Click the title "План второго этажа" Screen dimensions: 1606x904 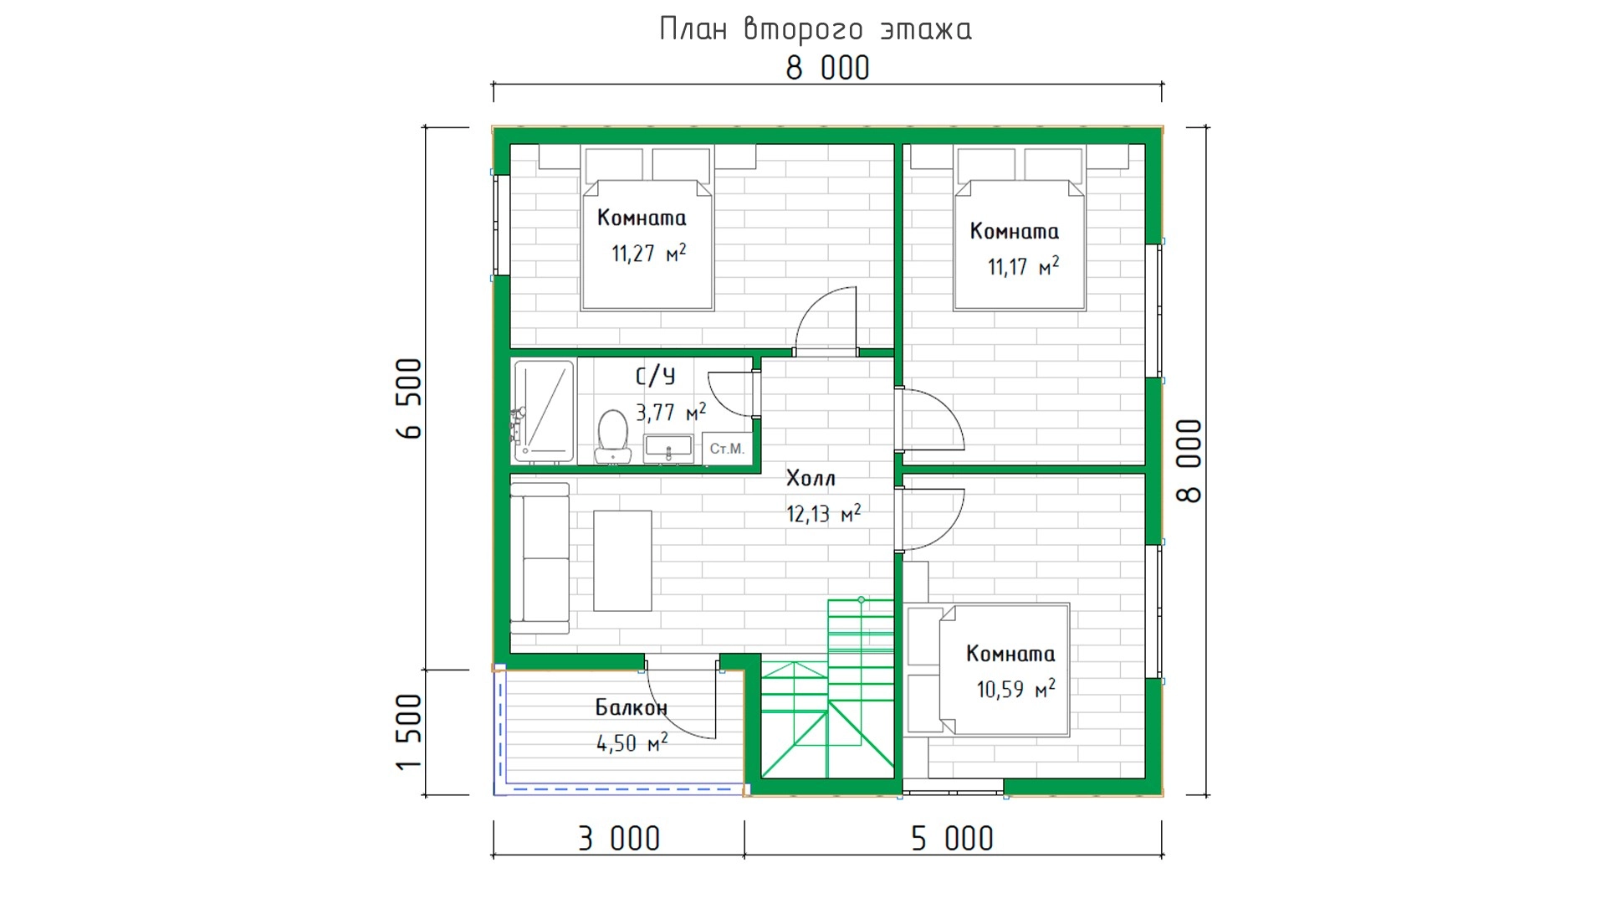pyautogui.click(x=816, y=29)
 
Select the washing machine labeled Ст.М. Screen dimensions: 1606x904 pyautogui.click(x=727, y=448)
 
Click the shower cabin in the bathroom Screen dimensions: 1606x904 pyautogui.click(x=544, y=411)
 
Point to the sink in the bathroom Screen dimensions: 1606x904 pyautogui.click(x=668, y=448)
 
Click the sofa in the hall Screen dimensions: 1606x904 pyautogui.click(x=540, y=558)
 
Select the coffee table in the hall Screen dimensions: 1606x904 pyautogui.click(x=622, y=561)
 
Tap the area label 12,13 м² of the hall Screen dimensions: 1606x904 pyautogui.click(x=823, y=513)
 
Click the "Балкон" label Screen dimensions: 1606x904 pyautogui.click(x=632, y=707)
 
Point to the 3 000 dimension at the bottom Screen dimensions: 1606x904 pyautogui.click(x=619, y=838)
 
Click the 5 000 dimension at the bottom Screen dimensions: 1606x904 pyautogui.click(x=952, y=838)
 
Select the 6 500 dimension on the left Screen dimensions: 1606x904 pyautogui.click(x=411, y=398)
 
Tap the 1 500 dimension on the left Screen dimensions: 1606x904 pyautogui.click(x=409, y=732)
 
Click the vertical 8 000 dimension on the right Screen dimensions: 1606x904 pyautogui.click(x=1189, y=461)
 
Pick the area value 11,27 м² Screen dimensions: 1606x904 pyautogui.click(x=648, y=253)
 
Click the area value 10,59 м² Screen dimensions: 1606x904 pyautogui.click(x=1015, y=689)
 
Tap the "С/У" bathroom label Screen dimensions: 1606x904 pyautogui.click(x=655, y=376)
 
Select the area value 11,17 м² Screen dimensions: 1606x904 pyautogui.click(x=1023, y=266)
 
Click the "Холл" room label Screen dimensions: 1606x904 pyautogui.click(x=811, y=478)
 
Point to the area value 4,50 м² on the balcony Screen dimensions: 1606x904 pyautogui.click(x=632, y=742)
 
